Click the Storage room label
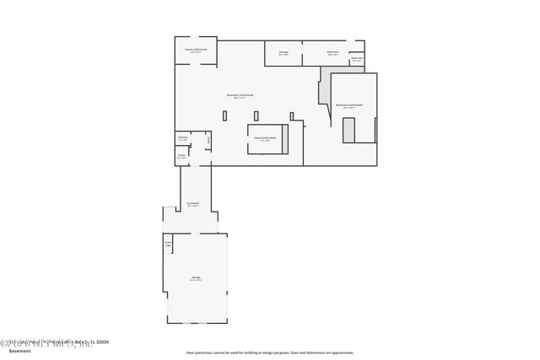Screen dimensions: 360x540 [283, 52]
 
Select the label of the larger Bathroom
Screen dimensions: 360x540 [332, 52]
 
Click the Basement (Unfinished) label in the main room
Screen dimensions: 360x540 [240, 95]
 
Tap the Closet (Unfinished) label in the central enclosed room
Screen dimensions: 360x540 [267, 138]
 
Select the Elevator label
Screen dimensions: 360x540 [182, 138]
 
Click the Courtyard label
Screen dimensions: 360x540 [192, 203]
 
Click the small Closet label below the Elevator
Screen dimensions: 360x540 [181, 155]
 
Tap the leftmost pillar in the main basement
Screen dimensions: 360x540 [225, 116]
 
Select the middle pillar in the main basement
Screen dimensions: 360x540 [259, 116]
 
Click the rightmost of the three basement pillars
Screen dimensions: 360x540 [291, 116]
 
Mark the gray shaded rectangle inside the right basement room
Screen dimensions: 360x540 [348, 130]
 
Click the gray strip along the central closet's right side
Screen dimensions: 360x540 [287, 139]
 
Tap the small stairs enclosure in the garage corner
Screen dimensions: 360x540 [168, 244]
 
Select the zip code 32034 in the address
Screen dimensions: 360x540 [101, 341]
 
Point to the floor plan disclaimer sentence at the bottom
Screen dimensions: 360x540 [270, 352]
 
